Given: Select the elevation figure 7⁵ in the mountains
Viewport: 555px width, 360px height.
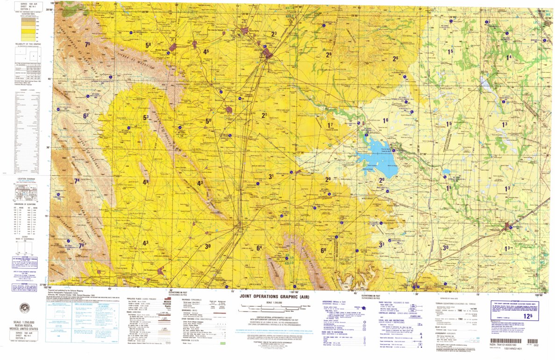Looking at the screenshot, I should [87, 44].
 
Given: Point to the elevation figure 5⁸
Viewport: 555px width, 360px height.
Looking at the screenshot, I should [148, 45].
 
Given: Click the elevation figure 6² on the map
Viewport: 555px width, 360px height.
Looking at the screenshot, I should [86, 115].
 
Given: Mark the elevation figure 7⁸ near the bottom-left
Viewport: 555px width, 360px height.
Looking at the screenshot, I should [82, 246].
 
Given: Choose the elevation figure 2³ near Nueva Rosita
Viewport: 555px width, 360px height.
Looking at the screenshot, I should [274, 34].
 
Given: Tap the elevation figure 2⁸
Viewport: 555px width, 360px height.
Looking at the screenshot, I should [328, 55].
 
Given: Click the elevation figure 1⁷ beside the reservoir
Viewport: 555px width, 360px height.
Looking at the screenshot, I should [330, 125].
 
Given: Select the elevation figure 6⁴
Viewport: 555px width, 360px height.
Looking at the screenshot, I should [259, 248].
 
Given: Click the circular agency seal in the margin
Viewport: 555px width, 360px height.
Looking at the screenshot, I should [24, 308].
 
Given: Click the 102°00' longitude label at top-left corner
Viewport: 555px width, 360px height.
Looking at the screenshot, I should [55, 3].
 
